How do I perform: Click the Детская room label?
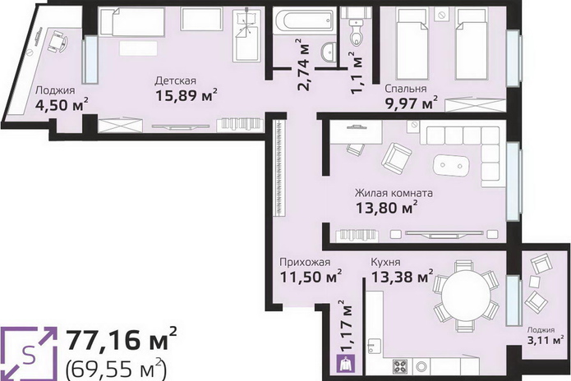click(175, 81)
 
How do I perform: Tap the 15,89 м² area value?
click(186, 96)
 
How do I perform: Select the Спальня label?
click(406, 89)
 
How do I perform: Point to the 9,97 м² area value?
click(412, 103)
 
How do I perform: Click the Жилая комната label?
click(394, 193)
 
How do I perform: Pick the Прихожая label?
click(305, 263)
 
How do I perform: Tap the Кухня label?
click(385, 262)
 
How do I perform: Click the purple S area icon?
click(29, 354)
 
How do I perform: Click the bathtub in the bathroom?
click(303, 21)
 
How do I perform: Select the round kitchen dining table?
click(466, 296)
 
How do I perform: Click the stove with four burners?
click(400, 367)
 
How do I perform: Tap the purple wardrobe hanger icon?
click(344, 365)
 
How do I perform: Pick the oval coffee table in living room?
click(452, 166)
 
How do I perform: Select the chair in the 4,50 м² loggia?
click(58, 41)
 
